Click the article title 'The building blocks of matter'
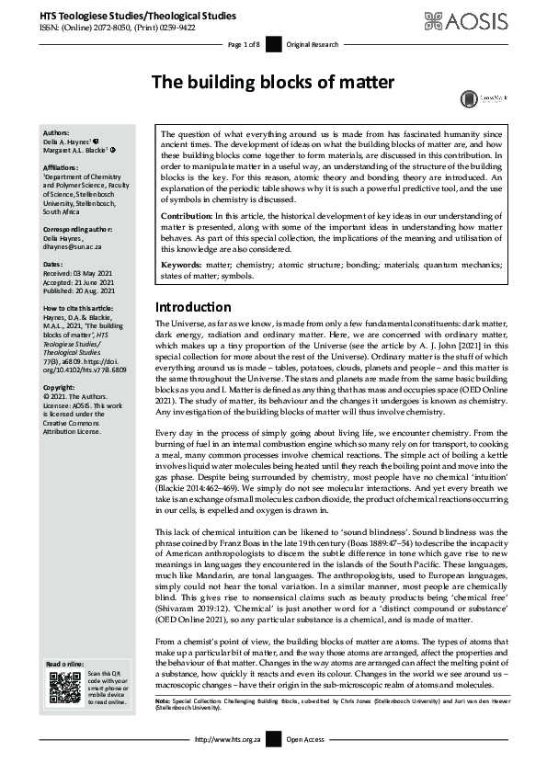[x=272, y=83]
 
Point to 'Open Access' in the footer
[x=305, y=738]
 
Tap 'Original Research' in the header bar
[x=313, y=44]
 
